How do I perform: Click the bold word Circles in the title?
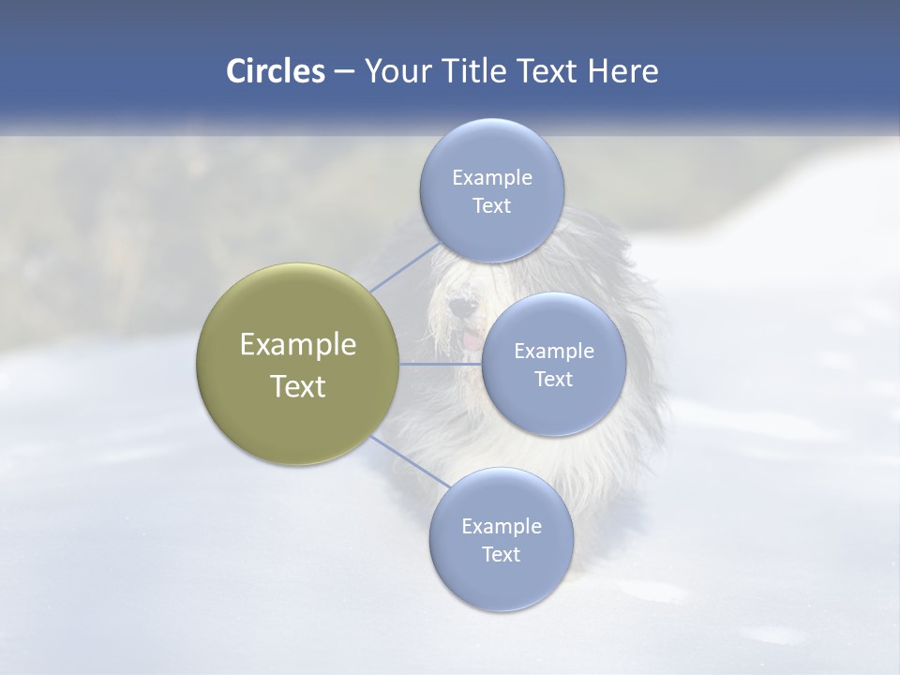click(276, 71)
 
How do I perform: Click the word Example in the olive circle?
click(298, 345)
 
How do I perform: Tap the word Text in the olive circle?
click(298, 386)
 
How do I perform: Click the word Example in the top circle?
click(491, 178)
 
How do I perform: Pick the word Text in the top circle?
click(491, 206)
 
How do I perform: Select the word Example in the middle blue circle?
click(554, 352)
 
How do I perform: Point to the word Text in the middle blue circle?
click(554, 380)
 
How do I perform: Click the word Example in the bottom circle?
click(501, 527)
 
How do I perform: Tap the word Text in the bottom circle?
click(501, 555)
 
